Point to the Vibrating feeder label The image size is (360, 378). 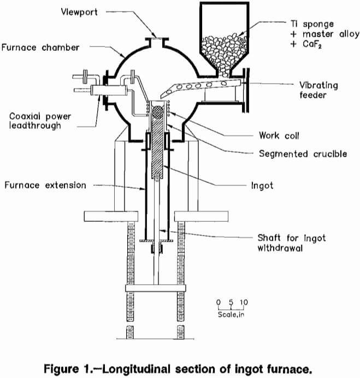[x=318, y=90]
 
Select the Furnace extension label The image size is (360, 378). [x=45, y=185]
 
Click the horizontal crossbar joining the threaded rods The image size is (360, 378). [x=157, y=287]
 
